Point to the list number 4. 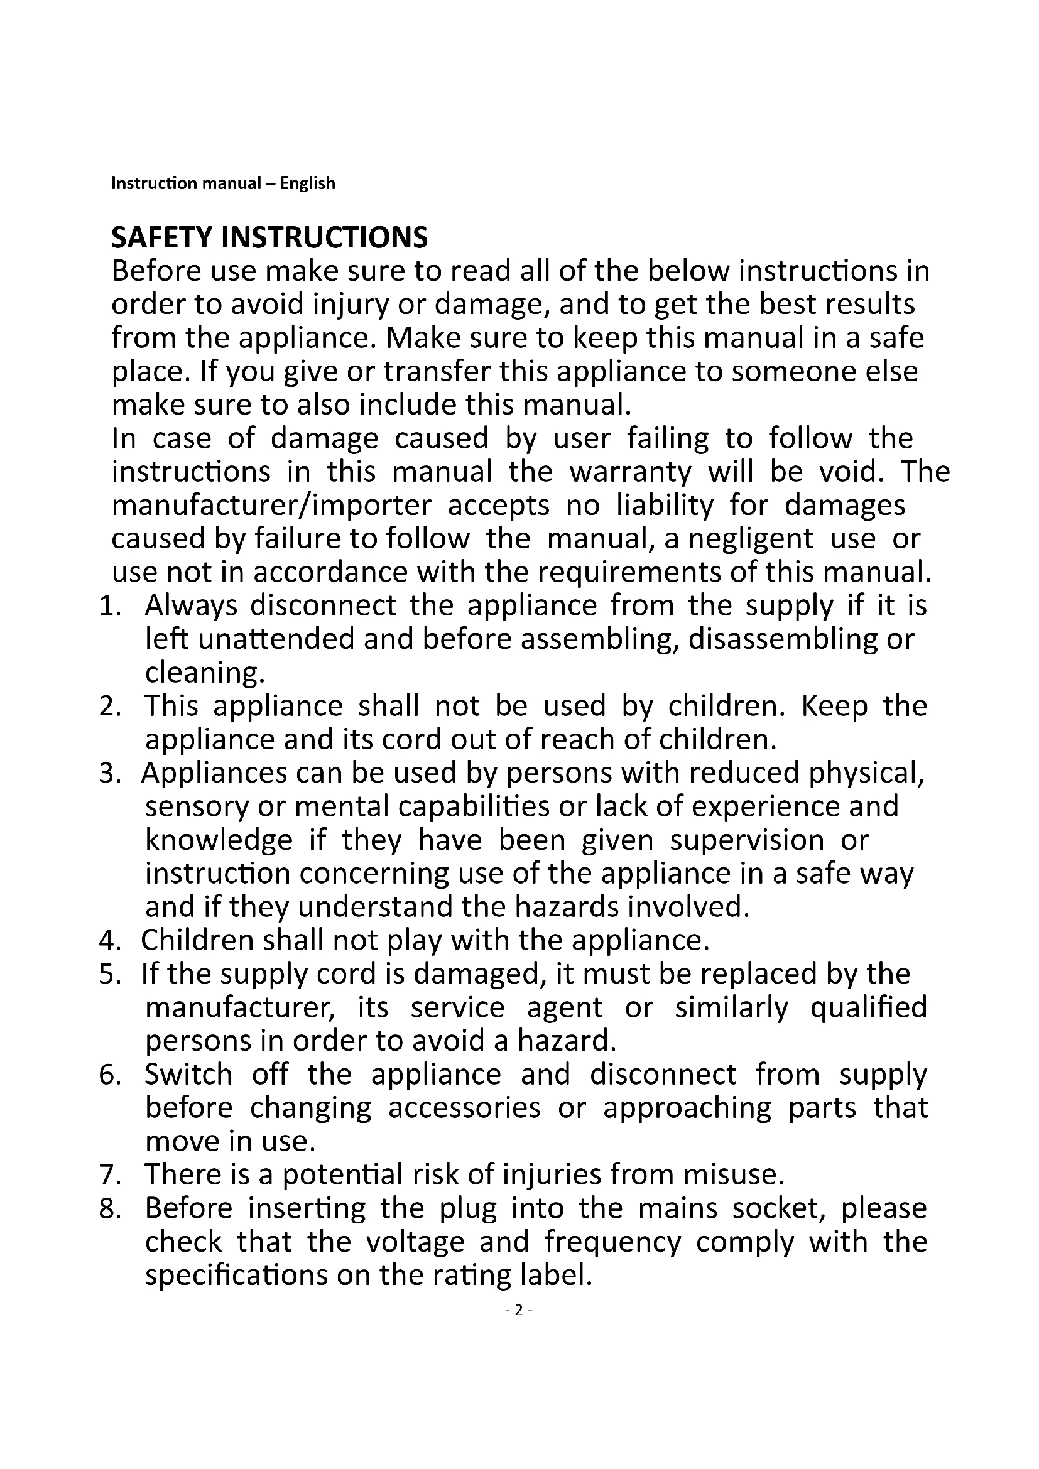[109, 941]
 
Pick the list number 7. [109, 1174]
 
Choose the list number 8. [109, 1208]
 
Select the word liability [665, 506]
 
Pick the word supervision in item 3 [747, 840]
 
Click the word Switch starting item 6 [188, 1075]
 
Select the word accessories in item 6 [464, 1108]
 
